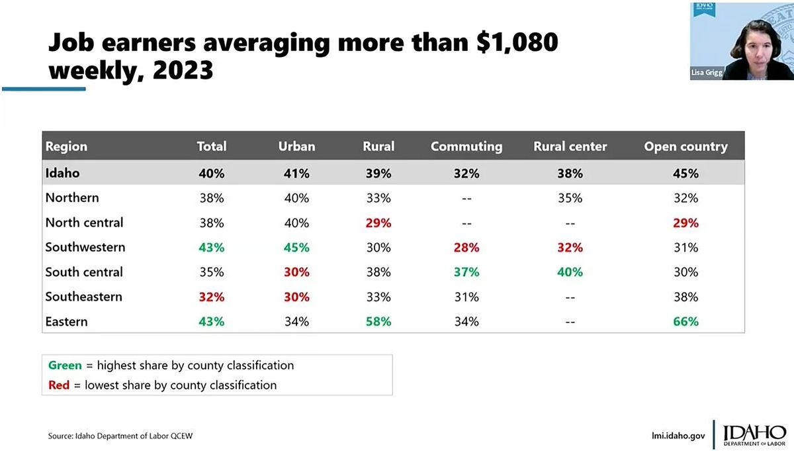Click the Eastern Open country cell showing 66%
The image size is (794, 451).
pyautogui.click(x=685, y=322)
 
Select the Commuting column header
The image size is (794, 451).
pyautogui.click(x=466, y=146)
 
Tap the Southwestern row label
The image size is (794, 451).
pyautogui.click(x=85, y=248)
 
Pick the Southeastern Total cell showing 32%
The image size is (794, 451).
pyautogui.click(x=212, y=297)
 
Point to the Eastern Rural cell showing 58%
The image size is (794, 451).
pyautogui.click(x=378, y=322)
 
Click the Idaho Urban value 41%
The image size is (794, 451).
pyautogui.click(x=296, y=174)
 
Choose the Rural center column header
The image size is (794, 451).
pyautogui.click(x=570, y=146)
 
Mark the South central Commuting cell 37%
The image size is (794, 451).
pyautogui.click(x=466, y=272)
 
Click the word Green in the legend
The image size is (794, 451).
pyautogui.click(x=65, y=365)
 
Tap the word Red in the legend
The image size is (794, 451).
pyautogui.click(x=59, y=385)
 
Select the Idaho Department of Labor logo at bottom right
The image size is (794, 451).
pyautogui.click(x=753, y=434)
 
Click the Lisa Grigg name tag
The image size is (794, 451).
pyautogui.click(x=707, y=73)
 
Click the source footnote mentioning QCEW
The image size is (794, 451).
pyautogui.click(x=120, y=436)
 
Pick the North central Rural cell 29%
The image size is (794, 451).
pyautogui.click(x=378, y=223)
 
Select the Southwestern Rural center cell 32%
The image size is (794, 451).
pyautogui.click(x=570, y=248)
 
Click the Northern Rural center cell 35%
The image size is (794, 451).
pyautogui.click(x=570, y=198)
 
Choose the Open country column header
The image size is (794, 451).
pyautogui.click(x=685, y=146)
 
